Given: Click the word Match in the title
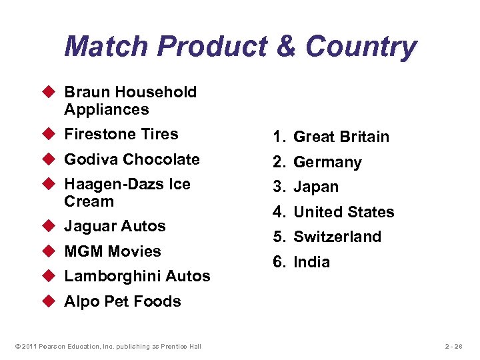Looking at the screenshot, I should coord(107,47).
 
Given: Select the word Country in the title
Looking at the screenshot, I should coord(361,47).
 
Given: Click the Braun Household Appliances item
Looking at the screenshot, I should coord(130,101).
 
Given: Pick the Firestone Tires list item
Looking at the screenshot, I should coord(121,134).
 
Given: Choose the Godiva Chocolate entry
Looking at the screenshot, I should coord(131,159).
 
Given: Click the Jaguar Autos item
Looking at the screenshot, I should coord(115,226).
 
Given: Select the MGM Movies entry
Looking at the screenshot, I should coord(112,251).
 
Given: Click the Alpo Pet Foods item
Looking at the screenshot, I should coord(122,301).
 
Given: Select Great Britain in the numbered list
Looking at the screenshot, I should coord(341,137).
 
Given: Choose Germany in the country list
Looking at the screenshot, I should coord(327,163).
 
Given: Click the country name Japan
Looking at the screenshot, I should coord(316,187).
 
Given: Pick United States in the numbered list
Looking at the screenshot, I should coord(343,212).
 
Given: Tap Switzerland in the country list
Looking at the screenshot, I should coord(337,237).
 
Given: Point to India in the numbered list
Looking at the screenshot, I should coord(311,262).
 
